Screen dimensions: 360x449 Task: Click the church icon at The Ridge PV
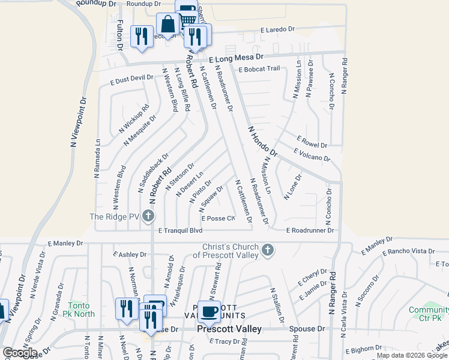149,216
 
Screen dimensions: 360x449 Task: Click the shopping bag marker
167,25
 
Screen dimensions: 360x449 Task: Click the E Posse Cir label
218,218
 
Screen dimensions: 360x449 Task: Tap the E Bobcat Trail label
259,69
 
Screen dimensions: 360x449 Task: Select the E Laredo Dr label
277,29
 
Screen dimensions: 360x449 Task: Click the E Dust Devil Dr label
132,78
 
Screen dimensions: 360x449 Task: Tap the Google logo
20,353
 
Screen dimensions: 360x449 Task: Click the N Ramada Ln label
97,158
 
